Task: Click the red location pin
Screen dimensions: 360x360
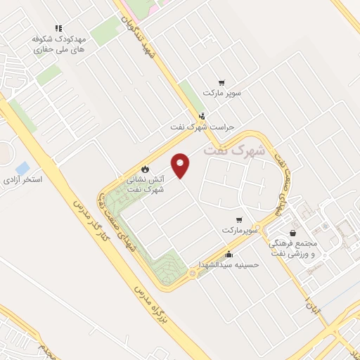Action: tap(181, 165)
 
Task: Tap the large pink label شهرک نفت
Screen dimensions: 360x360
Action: tap(229, 150)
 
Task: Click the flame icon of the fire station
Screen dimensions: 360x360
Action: tap(145, 169)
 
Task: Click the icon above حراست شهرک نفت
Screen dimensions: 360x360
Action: tap(202, 116)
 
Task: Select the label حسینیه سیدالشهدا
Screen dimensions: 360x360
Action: tap(232, 264)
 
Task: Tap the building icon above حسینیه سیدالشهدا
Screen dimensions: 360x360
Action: tap(228, 255)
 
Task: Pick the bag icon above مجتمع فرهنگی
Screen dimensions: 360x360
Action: tap(292, 233)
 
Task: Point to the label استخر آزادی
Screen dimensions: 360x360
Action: tap(22, 181)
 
